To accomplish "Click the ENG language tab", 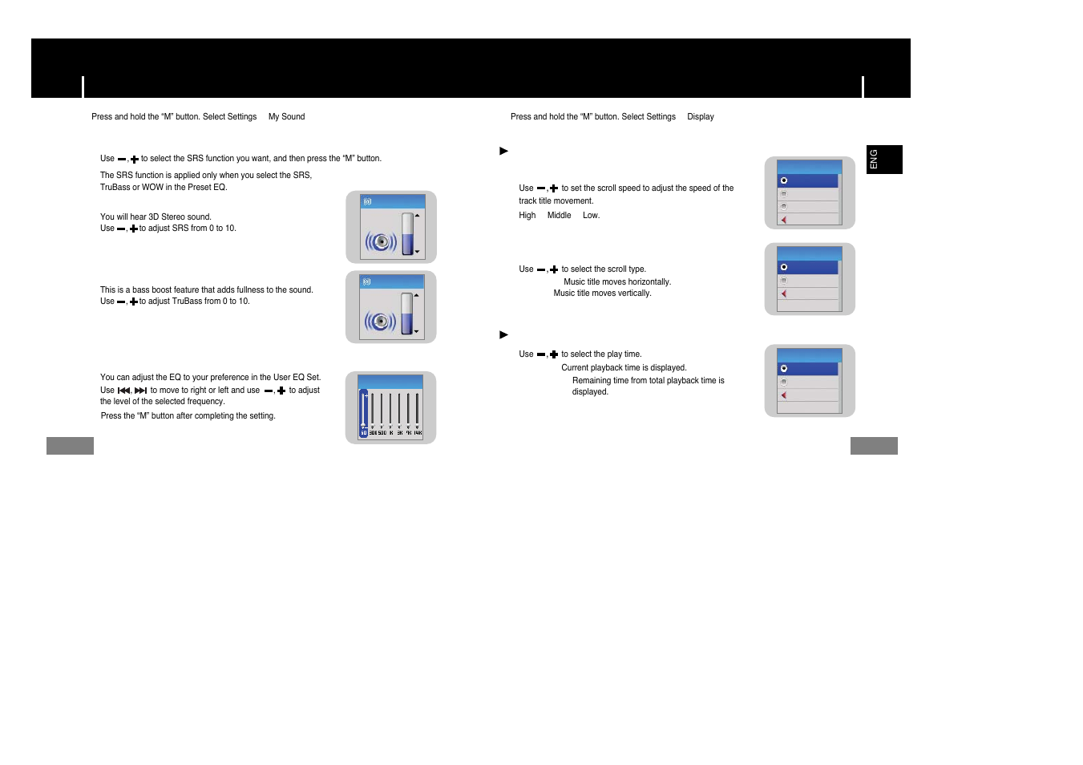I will (883, 160).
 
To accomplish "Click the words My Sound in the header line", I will (286, 117).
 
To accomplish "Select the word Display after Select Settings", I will (700, 117).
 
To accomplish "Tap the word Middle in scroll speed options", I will (559, 216).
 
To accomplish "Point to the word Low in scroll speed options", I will (590, 216).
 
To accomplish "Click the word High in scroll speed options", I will (527, 216).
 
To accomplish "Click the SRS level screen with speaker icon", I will (391, 227).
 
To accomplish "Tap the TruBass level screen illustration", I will (391, 307).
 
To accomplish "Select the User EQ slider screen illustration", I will (390, 407).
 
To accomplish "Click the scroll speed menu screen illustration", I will (810, 192).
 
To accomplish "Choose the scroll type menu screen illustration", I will (810, 279).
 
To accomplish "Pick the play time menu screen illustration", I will (810, 381).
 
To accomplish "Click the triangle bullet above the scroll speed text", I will (503, 151).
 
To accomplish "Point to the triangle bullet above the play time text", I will (503, 334).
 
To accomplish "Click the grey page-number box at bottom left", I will (70, 446).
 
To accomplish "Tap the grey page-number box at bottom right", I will (874, 446).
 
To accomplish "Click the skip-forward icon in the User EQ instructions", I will (140, 391).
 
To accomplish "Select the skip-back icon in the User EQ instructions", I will (123, 391).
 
